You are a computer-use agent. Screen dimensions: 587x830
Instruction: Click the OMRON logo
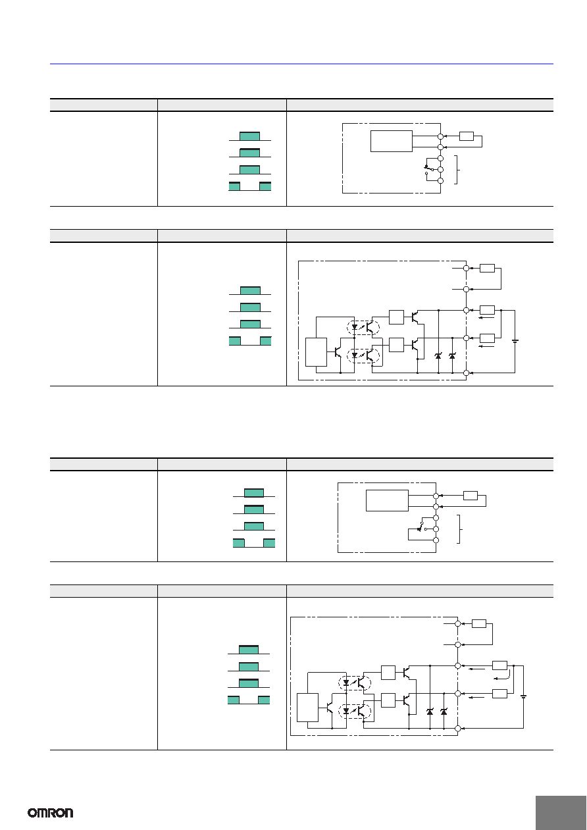(x=51, y=813)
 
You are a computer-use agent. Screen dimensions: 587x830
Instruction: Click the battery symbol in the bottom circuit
(x=523, y=697)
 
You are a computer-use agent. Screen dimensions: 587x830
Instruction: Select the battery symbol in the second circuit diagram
(x=515, y=341)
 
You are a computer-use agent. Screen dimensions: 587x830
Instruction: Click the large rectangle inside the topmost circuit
(x=392, y=141)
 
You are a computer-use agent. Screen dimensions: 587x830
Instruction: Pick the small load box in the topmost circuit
(x=467, y=136)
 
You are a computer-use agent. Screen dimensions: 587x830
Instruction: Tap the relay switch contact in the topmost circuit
(x=429, y=169)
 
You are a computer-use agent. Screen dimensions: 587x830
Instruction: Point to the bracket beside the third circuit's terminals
(x=459, y=529)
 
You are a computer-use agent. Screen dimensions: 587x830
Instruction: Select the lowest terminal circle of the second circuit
(x=467, y=373)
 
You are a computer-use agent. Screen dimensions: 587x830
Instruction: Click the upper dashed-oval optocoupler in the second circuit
(x=363, y=327)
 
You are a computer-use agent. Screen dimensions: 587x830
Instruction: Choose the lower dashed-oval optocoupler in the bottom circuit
(x=355, y=711)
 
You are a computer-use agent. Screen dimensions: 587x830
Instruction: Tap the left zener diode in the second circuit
(x=438, y=355)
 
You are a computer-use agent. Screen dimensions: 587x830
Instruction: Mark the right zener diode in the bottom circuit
(x=444, y=712)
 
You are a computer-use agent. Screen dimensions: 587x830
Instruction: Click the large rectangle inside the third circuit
(x=387, y=501)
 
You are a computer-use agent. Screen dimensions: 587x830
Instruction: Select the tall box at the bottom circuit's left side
(x=308, y=708)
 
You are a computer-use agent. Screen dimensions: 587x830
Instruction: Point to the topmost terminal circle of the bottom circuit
(x=458, y=623)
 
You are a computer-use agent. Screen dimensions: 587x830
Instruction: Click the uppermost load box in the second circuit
(x=487, y=268)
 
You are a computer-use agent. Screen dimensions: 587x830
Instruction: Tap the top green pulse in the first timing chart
(x=249, y=136)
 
